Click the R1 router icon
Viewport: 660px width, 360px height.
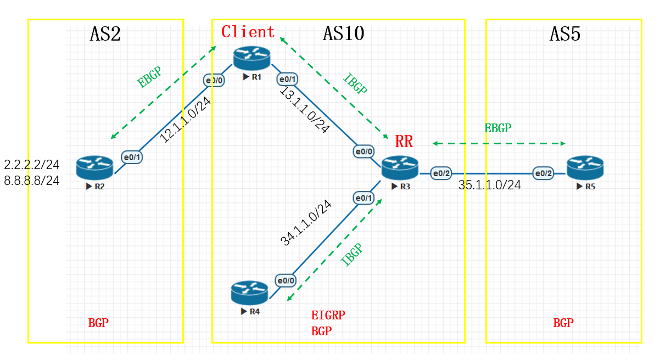click(x=251, y=58)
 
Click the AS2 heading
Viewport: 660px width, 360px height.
click(x=105, y=34)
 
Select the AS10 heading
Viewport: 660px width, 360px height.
click(x=343, y=34)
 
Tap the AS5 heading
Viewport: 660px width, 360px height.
click(x=565, y=34)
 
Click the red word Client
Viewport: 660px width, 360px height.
click(x=248, y=32)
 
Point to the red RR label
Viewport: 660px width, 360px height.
click(x=404, y=142)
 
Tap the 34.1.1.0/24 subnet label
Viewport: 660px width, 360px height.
click(x=306, y=223)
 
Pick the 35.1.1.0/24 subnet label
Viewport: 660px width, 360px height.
click(x=490, y=185)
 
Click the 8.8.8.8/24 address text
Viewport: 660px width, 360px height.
click(x=32, y=181)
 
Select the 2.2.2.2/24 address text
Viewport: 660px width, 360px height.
click(x=32, y=165)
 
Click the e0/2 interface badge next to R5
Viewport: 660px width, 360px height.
click(x=543, y=173)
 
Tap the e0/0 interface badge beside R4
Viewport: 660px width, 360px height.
click(x=286, y=280)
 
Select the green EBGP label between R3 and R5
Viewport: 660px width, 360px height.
click(x=497, y=128)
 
